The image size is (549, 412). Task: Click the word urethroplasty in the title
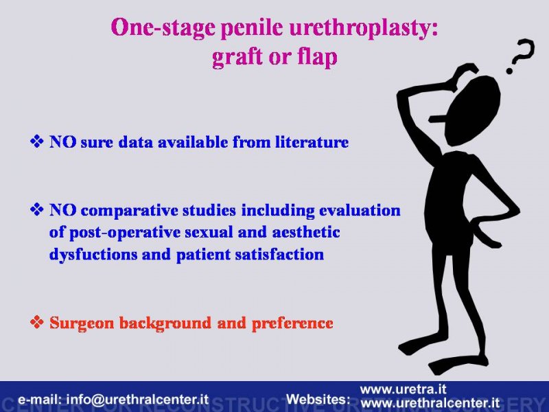364,28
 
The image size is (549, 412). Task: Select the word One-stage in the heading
163,28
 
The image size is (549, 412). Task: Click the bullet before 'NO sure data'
37,142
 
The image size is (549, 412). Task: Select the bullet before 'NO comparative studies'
37,210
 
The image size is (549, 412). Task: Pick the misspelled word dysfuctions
93,255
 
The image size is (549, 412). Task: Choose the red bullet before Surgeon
37,322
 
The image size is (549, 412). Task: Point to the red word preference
292,323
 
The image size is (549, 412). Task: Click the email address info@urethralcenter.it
137,400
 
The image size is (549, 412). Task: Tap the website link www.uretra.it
404,389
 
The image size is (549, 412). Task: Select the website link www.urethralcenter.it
430,402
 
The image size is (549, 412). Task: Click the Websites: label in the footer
318,400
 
